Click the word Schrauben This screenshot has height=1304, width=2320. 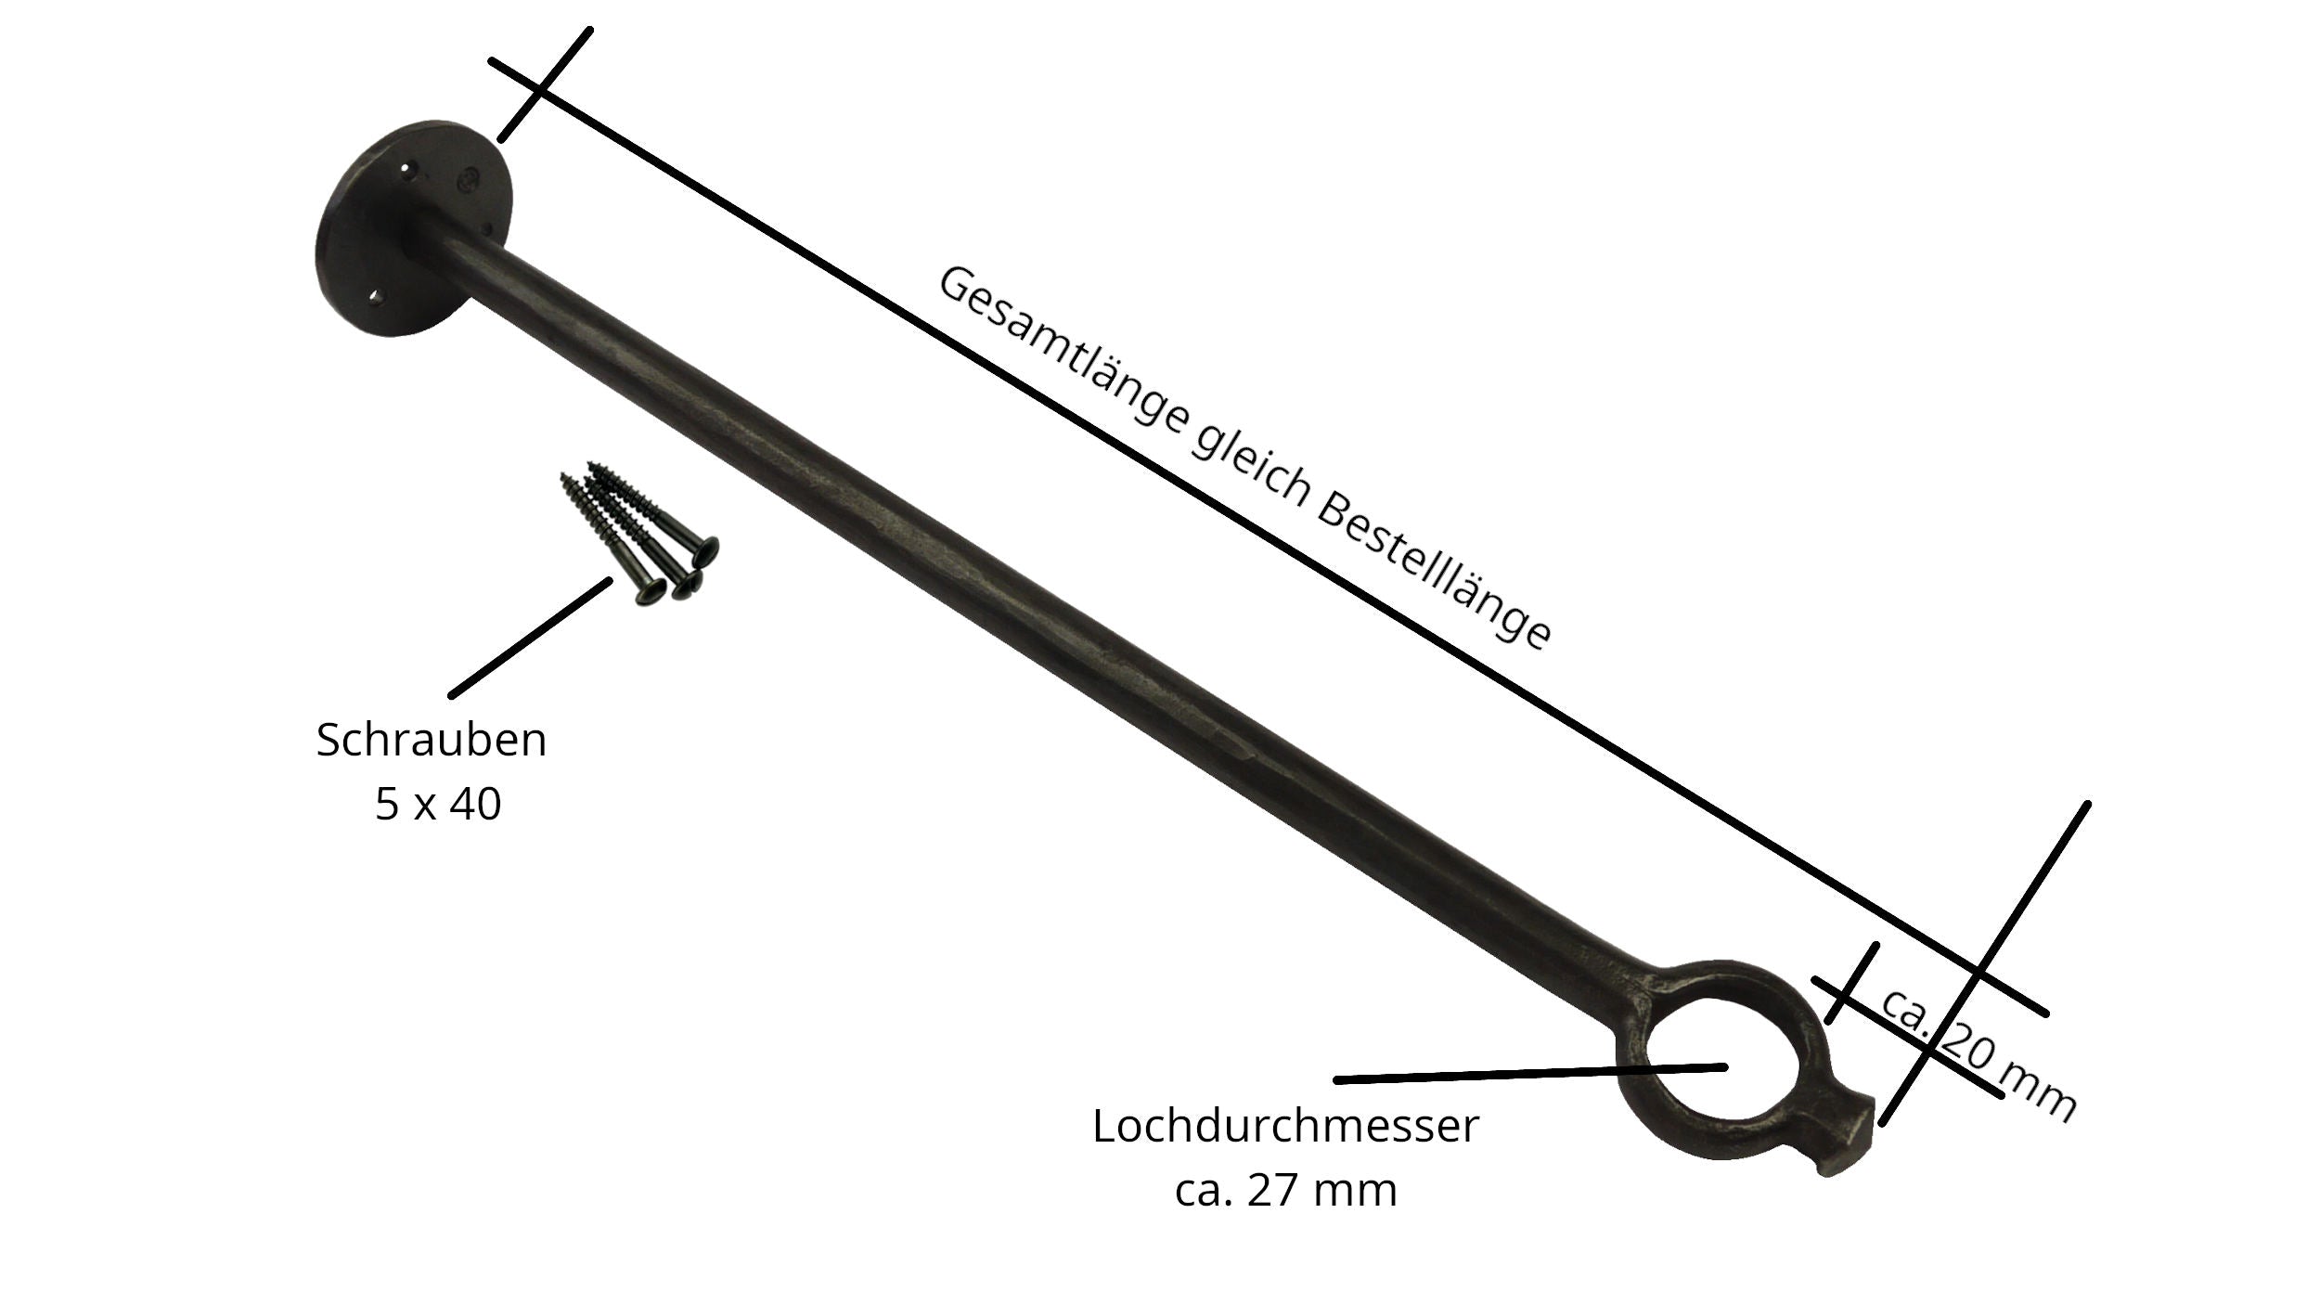pos(432,740)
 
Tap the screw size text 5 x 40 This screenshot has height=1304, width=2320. pos(438,803)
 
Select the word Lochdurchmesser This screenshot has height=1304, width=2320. pos(1285,1126)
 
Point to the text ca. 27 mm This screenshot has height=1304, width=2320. pos(1285,1190)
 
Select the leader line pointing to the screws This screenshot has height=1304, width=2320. pos(530,638)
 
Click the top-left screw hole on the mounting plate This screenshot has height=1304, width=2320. pos(405,169)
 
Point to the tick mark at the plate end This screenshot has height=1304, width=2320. pos(545,84)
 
